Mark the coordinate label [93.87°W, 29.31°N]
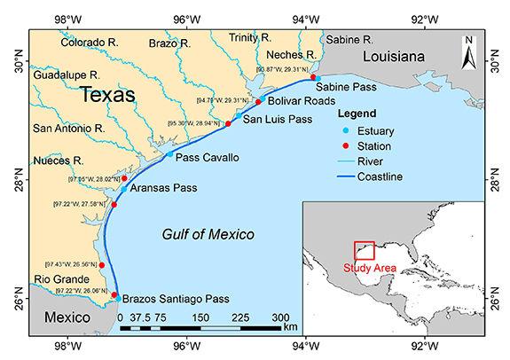click(282, 68)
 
